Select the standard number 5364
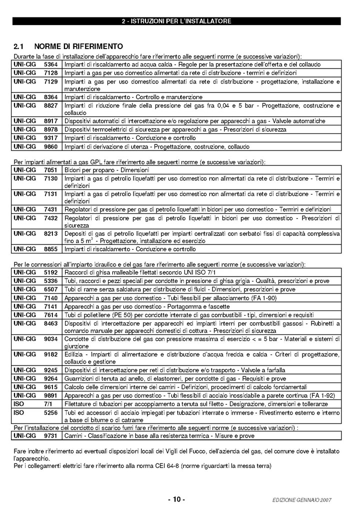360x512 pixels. pyautogui.click(x=51, y=64)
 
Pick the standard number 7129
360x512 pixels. pyautogui.click(x=51, y=81)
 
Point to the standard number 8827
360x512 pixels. pyautogui.click(x=51, y=105)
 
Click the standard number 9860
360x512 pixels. pyautogui.click(x=51, y=146)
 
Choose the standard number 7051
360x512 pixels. pyautogui.click(x=51, y=170)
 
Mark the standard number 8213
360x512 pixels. pyautogui.click(x=51, y=233)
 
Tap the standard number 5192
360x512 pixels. pyautogui.click(x=51, y=272)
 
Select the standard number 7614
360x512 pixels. pyautogui.click(x=51, y=314)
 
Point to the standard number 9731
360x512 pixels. pyautogui.click(x=51, y=436)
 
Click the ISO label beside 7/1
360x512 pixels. pyautogui.click(x=19, y=403)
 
